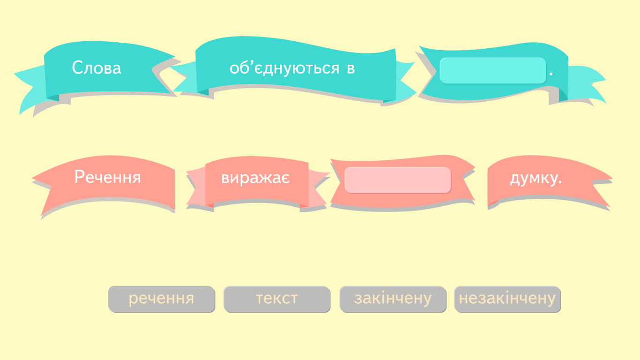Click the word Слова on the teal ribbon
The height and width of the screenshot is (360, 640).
[97, 68]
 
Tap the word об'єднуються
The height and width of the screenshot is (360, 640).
[284, 68]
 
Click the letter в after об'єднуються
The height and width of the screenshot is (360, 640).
[351, 69]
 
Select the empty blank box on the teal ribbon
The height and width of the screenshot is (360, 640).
[493, 71]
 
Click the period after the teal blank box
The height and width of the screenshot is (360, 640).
[551, 74]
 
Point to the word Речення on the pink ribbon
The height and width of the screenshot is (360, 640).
[107, 177]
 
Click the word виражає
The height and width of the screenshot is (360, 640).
[255, 178]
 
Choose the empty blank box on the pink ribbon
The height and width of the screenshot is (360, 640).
[397, 180]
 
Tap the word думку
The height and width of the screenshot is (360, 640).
[536, 178]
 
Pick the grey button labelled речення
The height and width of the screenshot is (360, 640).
[162, 299]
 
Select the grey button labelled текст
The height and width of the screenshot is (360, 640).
[277, 299]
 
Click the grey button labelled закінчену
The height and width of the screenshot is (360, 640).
[393, 299]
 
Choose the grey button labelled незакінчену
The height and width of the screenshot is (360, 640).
[507, 299]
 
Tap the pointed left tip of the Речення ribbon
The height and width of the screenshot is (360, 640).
[32, 179]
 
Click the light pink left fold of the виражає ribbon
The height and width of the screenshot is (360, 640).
[197, 187]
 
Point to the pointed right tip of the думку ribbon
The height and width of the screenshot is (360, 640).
[612, 179]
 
